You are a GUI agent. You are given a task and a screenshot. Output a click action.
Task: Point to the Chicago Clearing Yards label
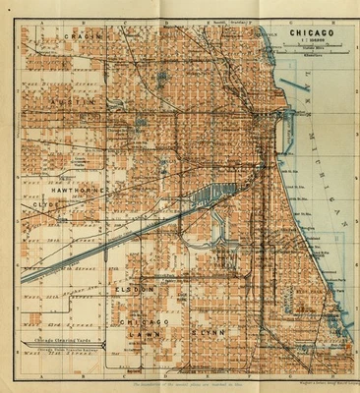[x=70, y=341]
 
